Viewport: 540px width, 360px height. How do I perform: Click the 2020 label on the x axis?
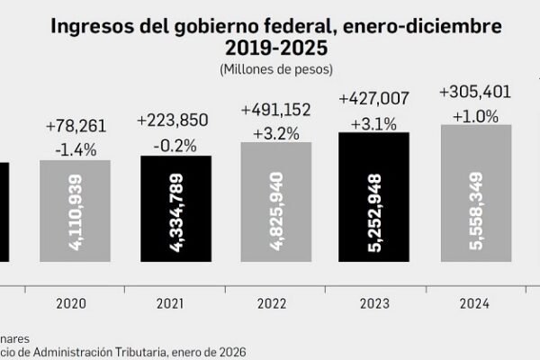(76, 304)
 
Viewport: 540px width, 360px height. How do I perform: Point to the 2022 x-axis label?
(275, 304)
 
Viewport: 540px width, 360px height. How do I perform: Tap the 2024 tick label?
(475, 304)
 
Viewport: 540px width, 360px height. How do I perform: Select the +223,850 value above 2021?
(175, 120)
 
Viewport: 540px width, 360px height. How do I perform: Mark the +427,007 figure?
(374, 98)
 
